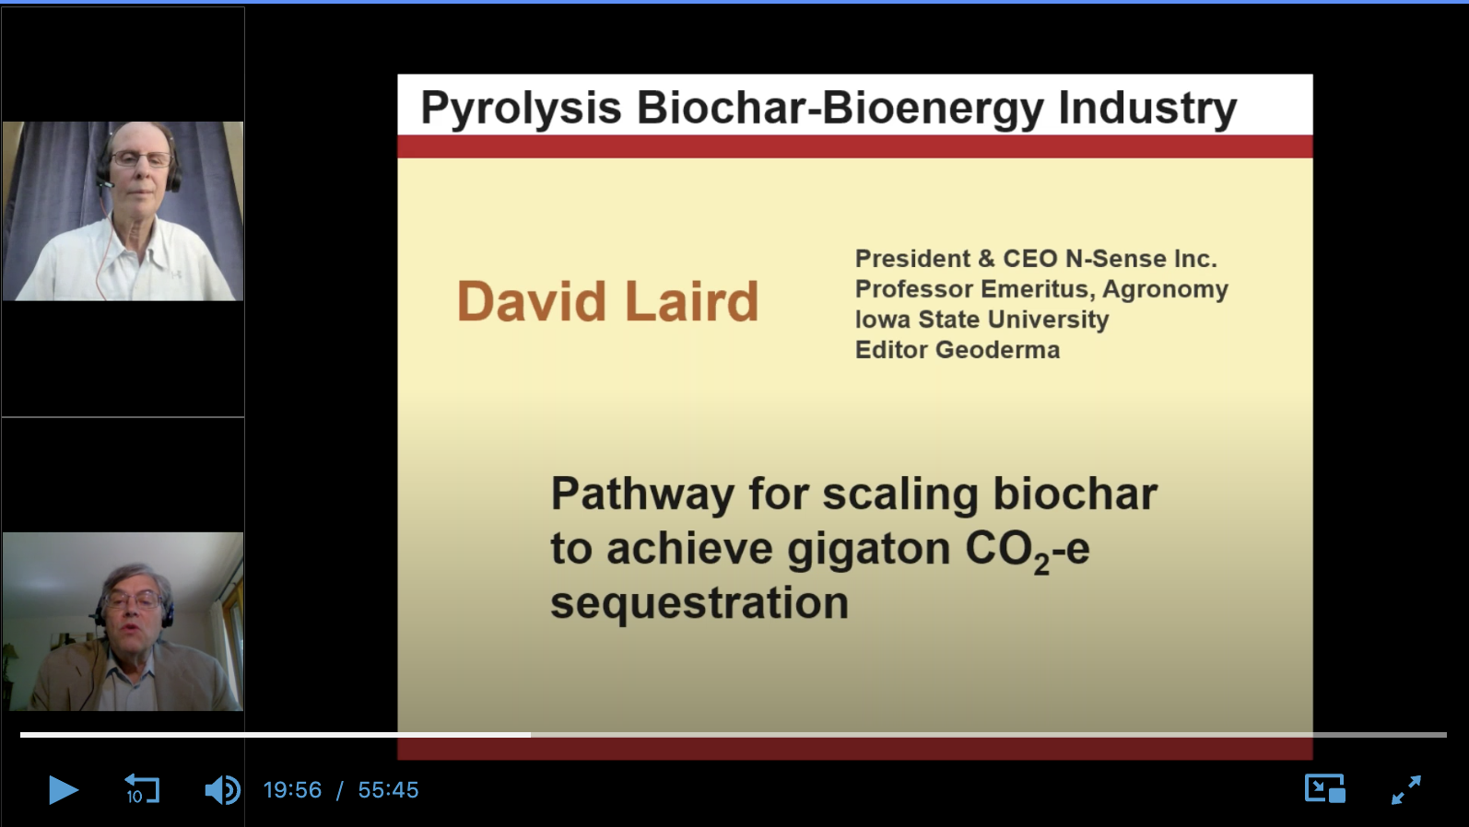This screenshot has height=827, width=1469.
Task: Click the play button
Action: [x=63, y=789]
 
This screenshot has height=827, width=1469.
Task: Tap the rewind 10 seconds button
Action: [x=142, y=789]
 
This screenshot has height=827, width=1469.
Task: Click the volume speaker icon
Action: [x=222, y=789]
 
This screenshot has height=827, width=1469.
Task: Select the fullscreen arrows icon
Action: [x=1406, y=789]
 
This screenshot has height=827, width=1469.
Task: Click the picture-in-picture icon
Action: [x=1324, y=789]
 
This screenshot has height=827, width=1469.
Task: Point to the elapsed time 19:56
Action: [x=292, y=790]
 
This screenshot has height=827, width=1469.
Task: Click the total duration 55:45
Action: [x=388, y=790]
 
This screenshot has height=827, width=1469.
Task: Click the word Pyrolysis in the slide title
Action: [x=521, y=109]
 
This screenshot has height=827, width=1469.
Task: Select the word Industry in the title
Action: [x=1147, y=109]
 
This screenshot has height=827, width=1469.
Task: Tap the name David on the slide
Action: [x=531, y=301]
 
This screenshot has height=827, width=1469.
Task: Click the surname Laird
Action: [x=692, y=301]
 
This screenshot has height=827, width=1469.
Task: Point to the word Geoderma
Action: [x=997, y=350]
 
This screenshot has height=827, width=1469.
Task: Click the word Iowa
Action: [x=884, y=320]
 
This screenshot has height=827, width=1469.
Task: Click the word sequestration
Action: [x=699, y=604]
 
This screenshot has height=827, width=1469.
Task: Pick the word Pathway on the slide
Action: [x=642, y=495]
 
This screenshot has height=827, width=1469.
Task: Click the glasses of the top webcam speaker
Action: [x=141, y=159]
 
